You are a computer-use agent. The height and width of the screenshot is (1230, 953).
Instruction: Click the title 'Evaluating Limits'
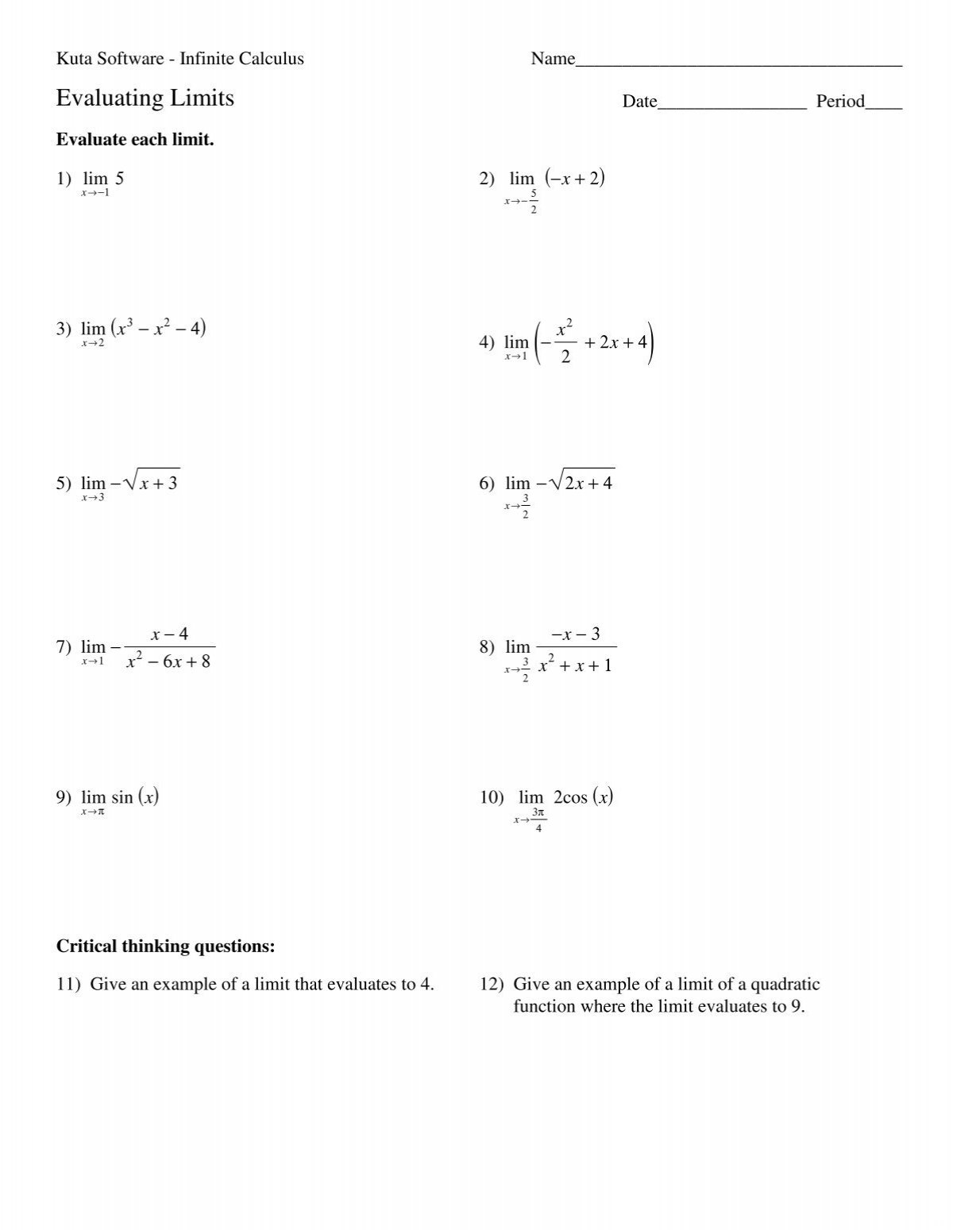[x=145, y=98]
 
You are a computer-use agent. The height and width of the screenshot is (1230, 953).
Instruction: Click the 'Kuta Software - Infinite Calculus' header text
[x=179, y=58]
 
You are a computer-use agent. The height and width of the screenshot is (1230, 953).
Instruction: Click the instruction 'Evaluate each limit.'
[x=135, y=140]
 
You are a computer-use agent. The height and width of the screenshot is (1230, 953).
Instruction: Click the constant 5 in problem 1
[x=119, y=179]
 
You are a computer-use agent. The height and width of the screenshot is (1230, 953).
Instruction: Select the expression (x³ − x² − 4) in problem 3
[x=159, y=328]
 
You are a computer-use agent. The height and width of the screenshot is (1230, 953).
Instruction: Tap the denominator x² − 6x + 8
[x=168, y=661]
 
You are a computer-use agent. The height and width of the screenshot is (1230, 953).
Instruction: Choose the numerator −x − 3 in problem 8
[x=577, y=634]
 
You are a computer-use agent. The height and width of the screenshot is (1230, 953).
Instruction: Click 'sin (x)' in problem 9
[x=135, y=796]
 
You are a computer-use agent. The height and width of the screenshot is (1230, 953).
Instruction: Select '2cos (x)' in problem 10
[x=583, y=796]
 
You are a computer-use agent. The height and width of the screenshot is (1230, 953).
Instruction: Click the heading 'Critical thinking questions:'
[x=165, y=946]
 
